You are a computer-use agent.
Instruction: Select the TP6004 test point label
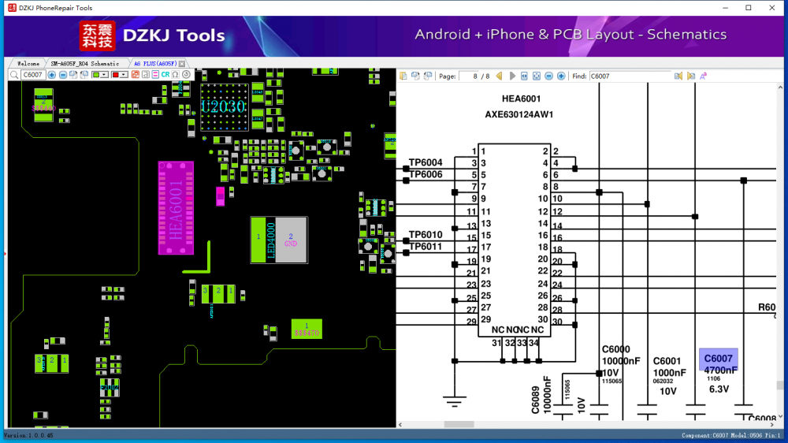(426, 162)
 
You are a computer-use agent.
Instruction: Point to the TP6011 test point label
(426, 247)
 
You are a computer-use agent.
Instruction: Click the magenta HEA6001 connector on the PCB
(175, 208)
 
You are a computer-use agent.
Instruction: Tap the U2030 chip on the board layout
(223, 106)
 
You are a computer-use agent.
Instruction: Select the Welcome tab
(28, 63)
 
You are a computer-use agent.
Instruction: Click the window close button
(770, 8)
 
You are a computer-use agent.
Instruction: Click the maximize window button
(748, 8)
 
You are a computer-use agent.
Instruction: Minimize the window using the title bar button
(725, 8)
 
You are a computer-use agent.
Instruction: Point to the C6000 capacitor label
(615, 349)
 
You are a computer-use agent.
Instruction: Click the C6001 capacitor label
(667, 361)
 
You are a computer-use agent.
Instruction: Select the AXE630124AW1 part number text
(519, 114)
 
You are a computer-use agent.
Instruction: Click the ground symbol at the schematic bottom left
(454, 401)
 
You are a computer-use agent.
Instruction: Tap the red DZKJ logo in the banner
(97, 35)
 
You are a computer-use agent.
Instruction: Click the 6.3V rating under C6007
(719, 389)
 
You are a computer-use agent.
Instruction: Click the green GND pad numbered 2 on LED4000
(291, 240)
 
